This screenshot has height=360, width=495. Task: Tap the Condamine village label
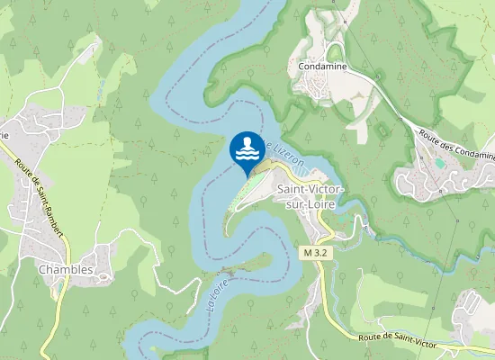(x=324, y=66)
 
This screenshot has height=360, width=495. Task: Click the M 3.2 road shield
(x=316, y=254)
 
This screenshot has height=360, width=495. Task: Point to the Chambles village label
(x=66, y=269)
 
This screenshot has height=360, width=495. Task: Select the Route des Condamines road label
(x=456, y=144)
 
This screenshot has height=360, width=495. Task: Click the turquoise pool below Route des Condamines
(x=438, y=163)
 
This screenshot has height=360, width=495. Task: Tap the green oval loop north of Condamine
(x=336, y=51)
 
